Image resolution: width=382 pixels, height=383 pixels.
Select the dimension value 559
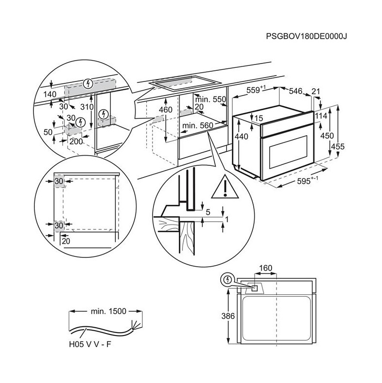256,90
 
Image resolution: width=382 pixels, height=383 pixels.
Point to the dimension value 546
296,90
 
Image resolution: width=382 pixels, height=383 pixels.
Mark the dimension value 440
241,137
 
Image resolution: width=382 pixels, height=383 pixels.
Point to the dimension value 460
166,110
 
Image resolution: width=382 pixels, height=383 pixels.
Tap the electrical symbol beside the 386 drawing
226,280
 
